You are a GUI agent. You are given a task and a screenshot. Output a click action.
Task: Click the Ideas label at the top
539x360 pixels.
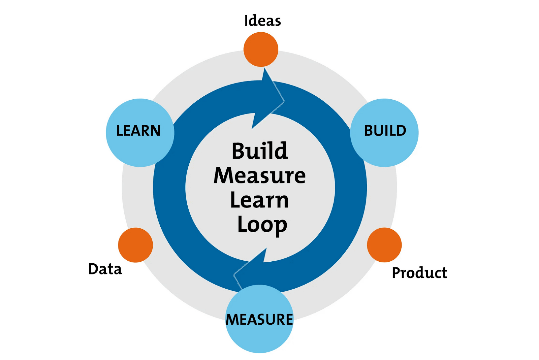[262, 21]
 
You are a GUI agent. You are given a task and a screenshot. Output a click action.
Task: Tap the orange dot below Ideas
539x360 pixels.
[261, 50]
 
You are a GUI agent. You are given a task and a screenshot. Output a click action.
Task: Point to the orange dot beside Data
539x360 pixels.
[135, 245]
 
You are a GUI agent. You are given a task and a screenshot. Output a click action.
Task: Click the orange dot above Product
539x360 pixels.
[384, 245]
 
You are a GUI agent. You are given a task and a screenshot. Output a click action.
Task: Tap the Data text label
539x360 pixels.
[105, 269]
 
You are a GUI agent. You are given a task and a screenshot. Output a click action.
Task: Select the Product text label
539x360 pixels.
[419, 272]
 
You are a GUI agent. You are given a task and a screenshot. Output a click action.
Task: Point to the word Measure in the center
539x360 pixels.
[260, 175]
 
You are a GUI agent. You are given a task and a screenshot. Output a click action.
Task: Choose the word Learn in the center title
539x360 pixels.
[259, 200]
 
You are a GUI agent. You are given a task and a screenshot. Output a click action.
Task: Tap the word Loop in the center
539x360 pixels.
[262, 225]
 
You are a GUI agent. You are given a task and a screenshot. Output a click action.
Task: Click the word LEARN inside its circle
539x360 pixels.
[138, 131]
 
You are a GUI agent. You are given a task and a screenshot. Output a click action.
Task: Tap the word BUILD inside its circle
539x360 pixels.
[385, 131]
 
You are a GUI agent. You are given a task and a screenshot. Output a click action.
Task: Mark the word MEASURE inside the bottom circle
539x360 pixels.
[259, 319]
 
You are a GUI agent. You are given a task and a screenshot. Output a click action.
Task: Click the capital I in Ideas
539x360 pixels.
[246, 21]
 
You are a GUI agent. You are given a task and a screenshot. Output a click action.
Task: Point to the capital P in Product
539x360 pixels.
[397, 272]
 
